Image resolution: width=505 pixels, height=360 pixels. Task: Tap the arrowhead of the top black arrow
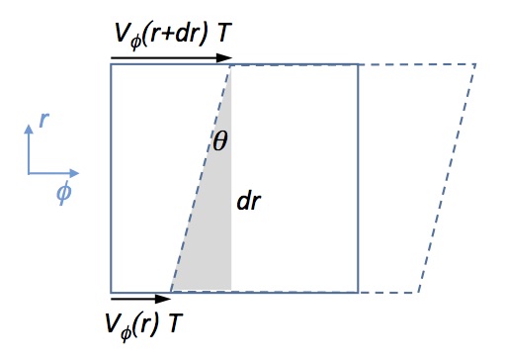(228, 56)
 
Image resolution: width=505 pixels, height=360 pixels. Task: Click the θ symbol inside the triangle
(220, 142)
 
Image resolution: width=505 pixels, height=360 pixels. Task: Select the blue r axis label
(43, 120)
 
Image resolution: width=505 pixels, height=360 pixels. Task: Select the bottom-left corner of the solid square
(111, 292)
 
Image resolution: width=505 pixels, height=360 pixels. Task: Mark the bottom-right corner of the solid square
(358, 292)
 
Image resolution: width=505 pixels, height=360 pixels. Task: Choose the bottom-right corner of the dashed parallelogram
(417, 292)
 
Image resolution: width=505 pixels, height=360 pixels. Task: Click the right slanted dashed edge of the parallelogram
(447, 179)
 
